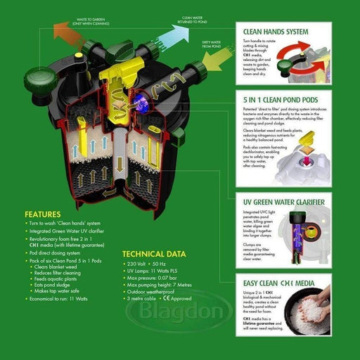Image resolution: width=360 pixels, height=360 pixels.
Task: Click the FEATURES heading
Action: point(46,214)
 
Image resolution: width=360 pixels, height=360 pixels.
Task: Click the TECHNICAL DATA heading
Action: point(153,254)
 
